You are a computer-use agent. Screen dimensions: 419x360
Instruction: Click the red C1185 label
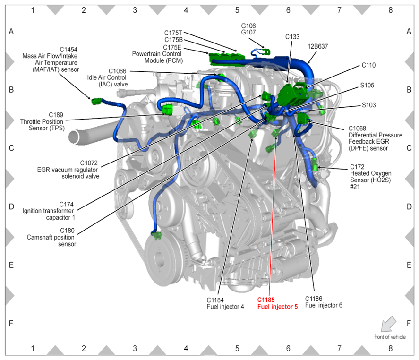coord(266,300)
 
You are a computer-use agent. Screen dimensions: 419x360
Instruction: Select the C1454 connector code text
coord(68,50)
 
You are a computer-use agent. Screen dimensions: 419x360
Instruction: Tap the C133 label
coord(292,37)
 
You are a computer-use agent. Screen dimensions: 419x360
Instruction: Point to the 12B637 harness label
coord(318,46)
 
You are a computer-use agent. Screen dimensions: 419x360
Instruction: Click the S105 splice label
coord(367,85)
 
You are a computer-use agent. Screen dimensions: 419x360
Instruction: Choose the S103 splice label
coord(369,105)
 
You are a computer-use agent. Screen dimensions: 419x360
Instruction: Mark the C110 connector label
coord(368,65)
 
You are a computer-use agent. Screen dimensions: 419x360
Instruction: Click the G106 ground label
coord(248,26)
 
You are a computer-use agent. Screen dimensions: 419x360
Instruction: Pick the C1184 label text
coord(215,300)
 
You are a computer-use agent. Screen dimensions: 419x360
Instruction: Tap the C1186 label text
coord(314,299)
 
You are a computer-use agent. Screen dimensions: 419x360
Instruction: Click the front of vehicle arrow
coord(389,324)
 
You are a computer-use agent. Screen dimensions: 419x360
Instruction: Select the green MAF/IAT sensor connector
coord(96,101)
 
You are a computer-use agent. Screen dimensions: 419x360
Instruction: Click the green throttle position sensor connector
coord(168,110)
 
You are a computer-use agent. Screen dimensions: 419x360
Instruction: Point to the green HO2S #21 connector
coord(315,164)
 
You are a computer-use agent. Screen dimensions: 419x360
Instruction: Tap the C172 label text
coord(357,167)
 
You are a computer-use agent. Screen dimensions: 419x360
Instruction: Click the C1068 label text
coord(357,129)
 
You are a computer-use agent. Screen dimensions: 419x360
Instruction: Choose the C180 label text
coord(67,231)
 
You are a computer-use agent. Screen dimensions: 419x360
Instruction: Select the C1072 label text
coord(89,163)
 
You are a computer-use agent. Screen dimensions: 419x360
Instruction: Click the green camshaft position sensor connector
coord(157,236)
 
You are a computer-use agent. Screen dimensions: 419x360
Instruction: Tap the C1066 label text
coord(117,71)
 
